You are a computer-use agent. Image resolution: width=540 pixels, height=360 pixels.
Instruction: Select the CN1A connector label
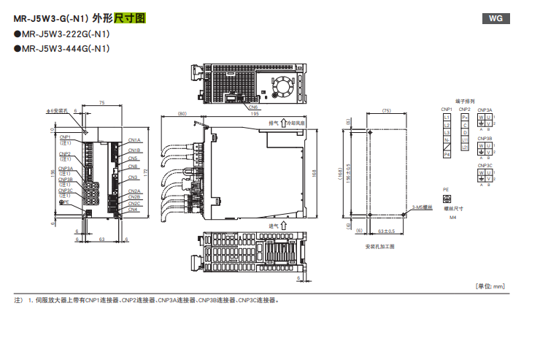coord(134,140)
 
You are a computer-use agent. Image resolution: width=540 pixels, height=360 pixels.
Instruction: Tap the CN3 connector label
coord(133,177)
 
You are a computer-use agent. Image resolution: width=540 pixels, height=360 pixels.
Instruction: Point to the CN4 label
coord(133,210)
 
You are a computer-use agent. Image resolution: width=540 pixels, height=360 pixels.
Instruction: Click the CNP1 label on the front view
coord(65,137)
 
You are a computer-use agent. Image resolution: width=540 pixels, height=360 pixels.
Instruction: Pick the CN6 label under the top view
coord(252,107)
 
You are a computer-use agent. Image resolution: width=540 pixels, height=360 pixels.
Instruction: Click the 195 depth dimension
coord(254,114)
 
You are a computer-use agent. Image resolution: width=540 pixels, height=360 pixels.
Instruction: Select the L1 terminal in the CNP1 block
coord(447,117)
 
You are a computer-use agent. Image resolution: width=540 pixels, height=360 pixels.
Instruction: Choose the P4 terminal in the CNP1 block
coord(447,154)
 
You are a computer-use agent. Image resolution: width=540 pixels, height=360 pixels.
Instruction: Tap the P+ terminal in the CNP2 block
coord(465,117)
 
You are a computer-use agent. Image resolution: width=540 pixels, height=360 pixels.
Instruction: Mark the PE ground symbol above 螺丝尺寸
coord(447,199)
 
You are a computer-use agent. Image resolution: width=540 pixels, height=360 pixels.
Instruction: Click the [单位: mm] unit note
coord(489,286)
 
